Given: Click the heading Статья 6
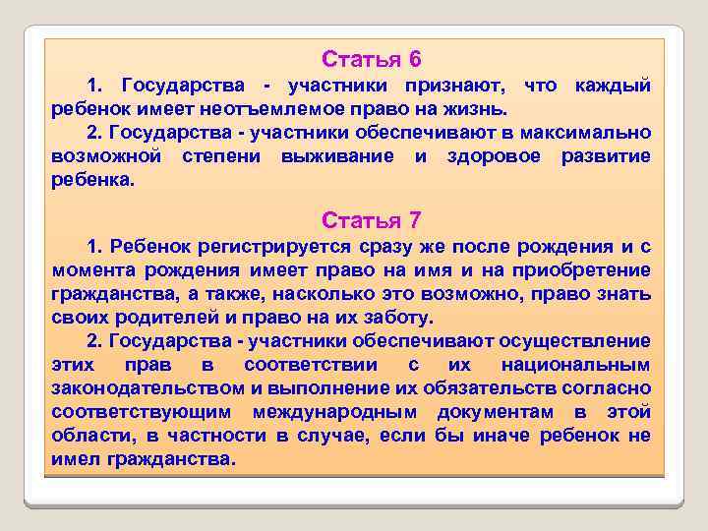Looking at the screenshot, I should coord(371,59).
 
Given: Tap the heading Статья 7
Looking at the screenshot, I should coord(371,218).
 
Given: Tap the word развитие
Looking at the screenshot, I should coord(606,157).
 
